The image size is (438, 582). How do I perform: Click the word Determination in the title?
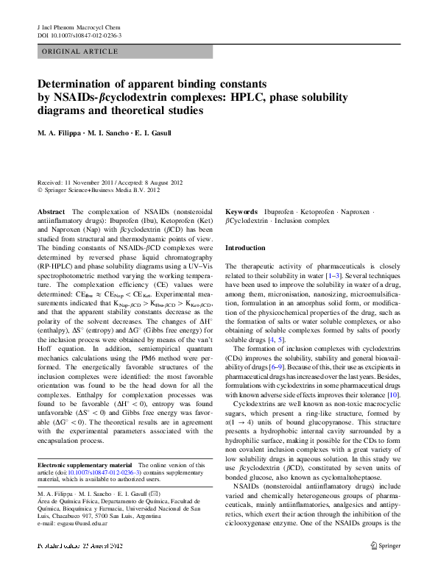[83, 85]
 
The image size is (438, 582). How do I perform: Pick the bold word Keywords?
[241, 211]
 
